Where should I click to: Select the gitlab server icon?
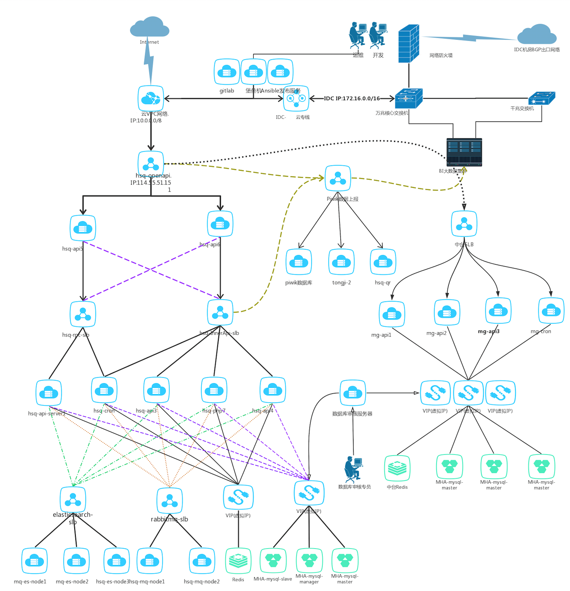(x=227, y=72)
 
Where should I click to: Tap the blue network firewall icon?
(x=409, y=44)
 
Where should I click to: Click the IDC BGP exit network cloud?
(x=537, y=34)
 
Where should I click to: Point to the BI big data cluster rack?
(x=464, y=152)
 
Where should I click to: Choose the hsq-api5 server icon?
(x=83, y=228)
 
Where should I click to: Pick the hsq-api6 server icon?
(x=220, y=224)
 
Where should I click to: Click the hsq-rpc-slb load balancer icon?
(x=83, y=314)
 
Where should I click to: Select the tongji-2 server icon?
(x=341, y=262)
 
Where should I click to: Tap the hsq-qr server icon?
(x=383, y=262)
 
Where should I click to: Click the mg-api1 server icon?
(x=392, y=314)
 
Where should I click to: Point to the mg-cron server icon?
(x=551, y=310)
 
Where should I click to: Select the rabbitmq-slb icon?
(x=170, y=501)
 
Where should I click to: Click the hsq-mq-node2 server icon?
(x=202, y=561)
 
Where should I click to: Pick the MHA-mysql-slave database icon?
(x=273, y=560)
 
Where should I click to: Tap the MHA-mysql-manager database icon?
(x=309, y=560)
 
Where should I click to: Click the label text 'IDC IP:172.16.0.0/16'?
(x=352, y=99)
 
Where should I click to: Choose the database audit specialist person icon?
(x=353, y=468)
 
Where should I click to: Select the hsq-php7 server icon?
(x=214, y=390)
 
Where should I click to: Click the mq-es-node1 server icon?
(x=34, y=561)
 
